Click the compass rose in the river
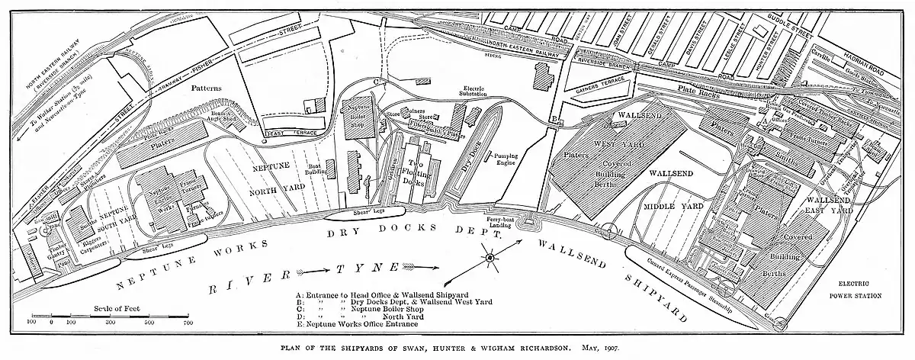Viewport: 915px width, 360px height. (x=489, y=260)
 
